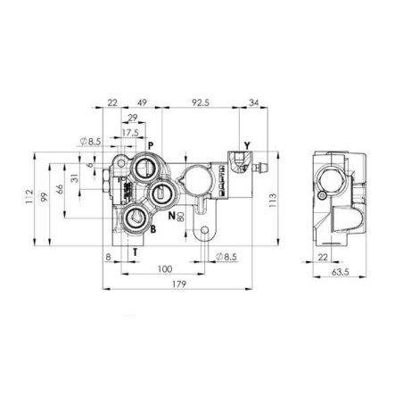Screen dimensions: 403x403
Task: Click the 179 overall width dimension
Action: click(179, 284)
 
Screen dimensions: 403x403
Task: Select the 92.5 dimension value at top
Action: click(201, 103)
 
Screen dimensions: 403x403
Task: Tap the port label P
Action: click(151, 145)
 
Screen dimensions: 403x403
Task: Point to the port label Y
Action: click(247, 145)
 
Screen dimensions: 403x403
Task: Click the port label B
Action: click(153, 229)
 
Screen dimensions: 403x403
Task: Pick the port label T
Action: click(136, 252)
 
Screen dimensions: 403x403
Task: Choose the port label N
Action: click(171, 216)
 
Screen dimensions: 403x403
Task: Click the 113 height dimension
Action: click(272, 201)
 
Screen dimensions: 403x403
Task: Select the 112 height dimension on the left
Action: click(29, 196)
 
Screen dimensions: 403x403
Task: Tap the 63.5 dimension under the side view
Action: click(340, 272)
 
